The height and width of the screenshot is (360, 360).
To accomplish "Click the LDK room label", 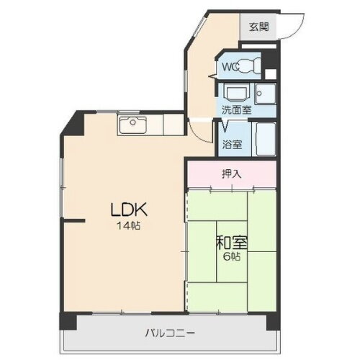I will [x=128, y=210].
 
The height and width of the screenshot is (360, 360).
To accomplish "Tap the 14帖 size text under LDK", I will [x=130, y=226].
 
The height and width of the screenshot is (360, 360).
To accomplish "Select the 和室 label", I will [x=230, y=243].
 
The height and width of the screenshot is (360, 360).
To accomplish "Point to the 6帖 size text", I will [x=232, y=258].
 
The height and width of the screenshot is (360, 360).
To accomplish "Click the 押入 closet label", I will [x=231, y=174].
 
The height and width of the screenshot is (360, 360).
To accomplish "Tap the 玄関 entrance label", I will [x=258, y=27].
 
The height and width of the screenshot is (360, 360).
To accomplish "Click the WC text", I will [x=229, y=67].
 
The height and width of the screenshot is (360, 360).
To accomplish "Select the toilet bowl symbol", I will [x=248, y=67].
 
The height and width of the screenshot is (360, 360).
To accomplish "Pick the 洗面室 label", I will [x=235, y=112].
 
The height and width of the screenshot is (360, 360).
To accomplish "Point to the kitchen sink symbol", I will [x=132, y=125].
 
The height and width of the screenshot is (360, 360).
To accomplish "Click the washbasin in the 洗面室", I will [x=236, y=94].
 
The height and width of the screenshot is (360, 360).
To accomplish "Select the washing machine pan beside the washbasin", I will [x=266, y=94].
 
